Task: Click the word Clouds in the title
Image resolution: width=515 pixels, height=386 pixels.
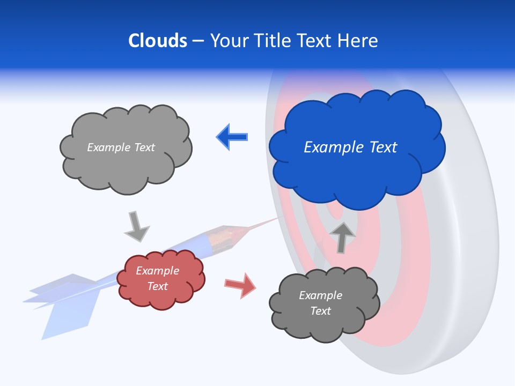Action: tap(158, 41)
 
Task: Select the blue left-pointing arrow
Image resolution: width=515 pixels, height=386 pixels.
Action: tap(232, 137)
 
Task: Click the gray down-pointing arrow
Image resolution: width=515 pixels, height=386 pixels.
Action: tap(136, 226)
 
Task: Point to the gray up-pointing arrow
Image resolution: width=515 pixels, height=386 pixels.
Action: tap(342, 236)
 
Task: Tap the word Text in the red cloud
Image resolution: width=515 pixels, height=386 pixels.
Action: tap(157, 286)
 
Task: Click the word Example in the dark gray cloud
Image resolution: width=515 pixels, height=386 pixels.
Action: tap(320, 295)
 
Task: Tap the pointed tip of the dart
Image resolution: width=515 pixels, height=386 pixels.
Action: tap(279, 218)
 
